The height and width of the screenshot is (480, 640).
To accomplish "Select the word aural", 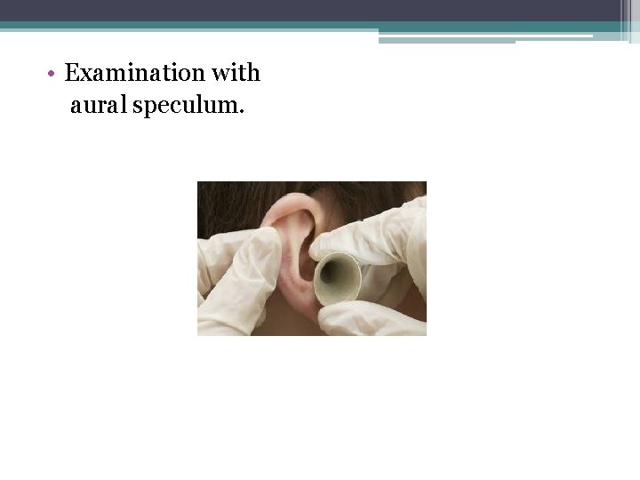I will click(100, 107).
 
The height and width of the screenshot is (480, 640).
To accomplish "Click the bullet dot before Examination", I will click(53, 73).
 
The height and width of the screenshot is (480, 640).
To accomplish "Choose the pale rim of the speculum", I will click(353, 267).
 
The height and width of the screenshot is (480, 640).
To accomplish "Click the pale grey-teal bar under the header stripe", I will click(444, 38).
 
